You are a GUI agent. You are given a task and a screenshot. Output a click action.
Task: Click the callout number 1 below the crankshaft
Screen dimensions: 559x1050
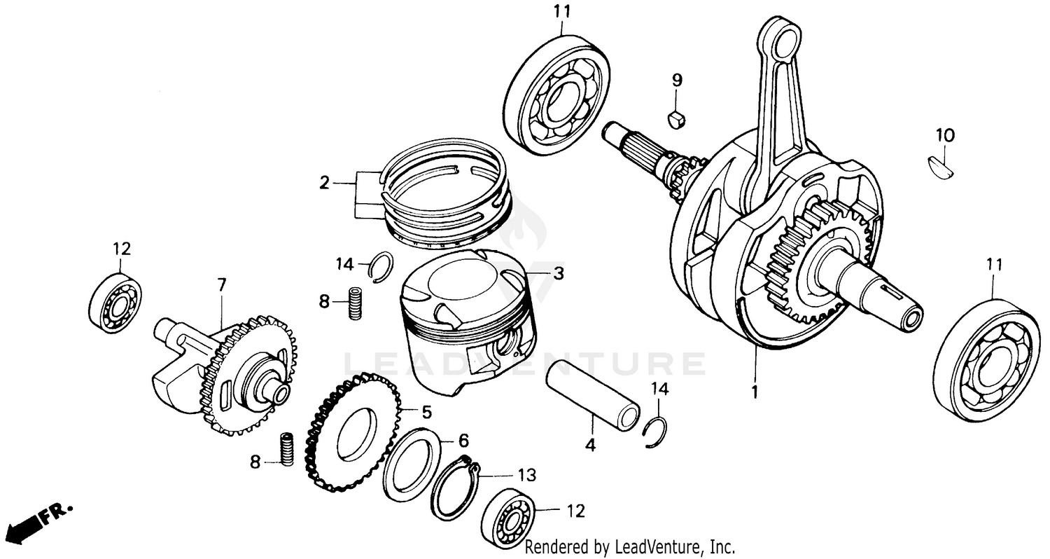click(755, 393)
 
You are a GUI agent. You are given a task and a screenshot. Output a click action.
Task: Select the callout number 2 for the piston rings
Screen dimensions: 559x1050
click(324, 184)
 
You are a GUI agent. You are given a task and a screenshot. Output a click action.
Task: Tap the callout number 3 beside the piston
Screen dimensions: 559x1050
click(557, 273)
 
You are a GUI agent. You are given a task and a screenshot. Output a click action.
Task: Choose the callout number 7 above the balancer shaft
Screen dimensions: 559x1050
click(222, 284)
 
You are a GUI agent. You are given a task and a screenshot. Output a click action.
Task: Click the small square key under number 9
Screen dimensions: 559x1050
click(675, 119)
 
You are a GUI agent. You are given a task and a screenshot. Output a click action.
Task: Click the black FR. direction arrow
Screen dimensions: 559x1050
click(21, 525)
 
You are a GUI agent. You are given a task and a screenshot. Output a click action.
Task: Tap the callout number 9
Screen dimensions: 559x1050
click(677, 80)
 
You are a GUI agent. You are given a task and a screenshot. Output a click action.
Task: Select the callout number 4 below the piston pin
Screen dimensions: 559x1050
click(590, 445)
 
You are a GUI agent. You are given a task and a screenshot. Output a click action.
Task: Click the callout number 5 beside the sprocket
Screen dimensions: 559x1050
click(426, 410)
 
